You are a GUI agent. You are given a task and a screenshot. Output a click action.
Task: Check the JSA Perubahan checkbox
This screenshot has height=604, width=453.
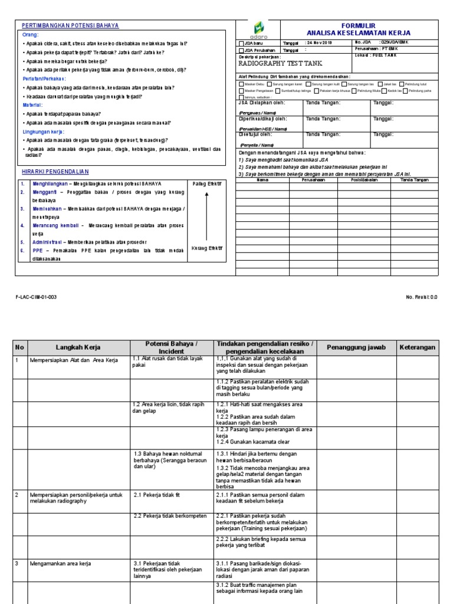[241, 51]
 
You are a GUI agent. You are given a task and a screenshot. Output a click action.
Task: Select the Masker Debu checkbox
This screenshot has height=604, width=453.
[241, 84]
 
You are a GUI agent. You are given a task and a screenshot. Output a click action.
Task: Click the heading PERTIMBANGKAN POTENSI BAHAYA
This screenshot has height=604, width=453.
[70, 26]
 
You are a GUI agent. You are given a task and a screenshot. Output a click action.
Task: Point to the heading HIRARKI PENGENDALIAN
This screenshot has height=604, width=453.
[54, 171]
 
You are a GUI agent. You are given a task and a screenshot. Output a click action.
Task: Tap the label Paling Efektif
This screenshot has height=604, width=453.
[207, 184]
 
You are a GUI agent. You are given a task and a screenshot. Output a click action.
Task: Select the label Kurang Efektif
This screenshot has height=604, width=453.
[207, 248]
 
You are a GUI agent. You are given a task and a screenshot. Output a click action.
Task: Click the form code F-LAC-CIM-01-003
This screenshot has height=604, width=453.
[37, 298]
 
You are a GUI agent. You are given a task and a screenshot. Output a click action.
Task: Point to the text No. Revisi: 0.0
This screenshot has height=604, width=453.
[422, 298]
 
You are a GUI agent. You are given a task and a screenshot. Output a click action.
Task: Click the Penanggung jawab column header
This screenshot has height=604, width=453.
[356, 347]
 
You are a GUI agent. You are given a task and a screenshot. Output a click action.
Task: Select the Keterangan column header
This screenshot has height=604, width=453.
[417, 347]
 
